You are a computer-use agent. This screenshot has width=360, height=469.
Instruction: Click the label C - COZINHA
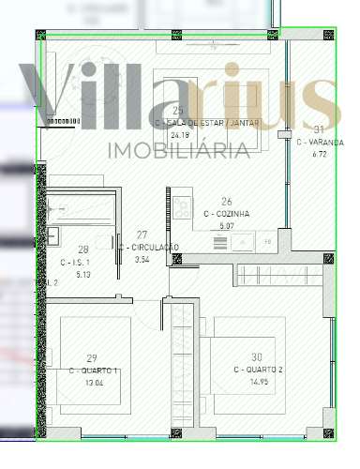click(226, 214)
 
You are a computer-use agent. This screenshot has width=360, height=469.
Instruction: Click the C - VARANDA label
click(320, 142)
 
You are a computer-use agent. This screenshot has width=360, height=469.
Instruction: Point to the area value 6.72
click(320, 153)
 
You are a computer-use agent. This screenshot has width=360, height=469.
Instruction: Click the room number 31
click(319, 129)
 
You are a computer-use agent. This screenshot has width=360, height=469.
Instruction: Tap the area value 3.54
click(142, 259)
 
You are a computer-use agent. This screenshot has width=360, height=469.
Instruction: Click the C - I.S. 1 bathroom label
click(82, 263)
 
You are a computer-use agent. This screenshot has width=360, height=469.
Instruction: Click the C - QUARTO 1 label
click(92, 371)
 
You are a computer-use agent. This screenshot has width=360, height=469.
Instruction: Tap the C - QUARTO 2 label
click(258, 371)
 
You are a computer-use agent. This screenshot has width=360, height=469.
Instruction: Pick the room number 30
click(257, 357)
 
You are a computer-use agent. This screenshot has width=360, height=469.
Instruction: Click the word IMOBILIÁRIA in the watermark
click(180, 150)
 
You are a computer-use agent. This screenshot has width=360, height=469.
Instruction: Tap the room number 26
click(226, 202)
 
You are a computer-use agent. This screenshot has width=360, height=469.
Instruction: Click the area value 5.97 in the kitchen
click(226, 225)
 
